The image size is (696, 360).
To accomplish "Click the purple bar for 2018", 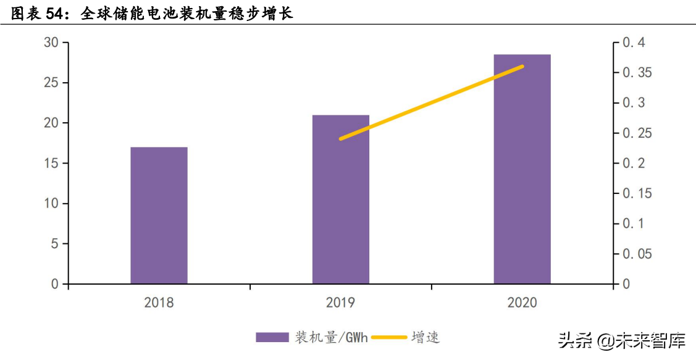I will [159, 216].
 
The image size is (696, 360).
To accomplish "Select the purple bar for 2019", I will [340, 199].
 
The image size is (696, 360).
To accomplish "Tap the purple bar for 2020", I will [522, 169].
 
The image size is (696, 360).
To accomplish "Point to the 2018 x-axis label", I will [159, 303].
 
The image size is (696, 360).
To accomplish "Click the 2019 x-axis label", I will [340, 303].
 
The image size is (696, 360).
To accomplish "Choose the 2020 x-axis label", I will [522, 303].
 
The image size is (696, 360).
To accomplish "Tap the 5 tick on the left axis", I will [55, 244].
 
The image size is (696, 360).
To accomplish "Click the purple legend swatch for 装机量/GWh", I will [272, 337].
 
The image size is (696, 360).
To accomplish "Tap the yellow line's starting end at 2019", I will [341, 139].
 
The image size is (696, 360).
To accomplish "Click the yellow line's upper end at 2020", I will [522, 66].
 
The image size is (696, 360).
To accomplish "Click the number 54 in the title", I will [59, 14].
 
